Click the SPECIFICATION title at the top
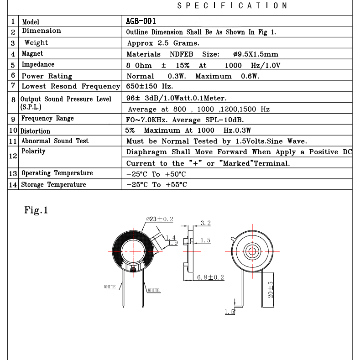(232, 5)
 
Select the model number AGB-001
(141, 21)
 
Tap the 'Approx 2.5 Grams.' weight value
(163, 43)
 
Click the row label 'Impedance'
(38, 65)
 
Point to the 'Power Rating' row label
(47, 76)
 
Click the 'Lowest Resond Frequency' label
(71, 86)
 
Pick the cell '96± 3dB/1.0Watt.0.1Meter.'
(176, 98)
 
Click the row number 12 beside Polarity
(13, 156)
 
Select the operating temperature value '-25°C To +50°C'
(156, 174)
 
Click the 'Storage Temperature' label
(54, 185)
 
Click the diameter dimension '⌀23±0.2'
(159, 219)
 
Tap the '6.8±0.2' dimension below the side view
(210, 277)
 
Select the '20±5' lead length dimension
(270, 289)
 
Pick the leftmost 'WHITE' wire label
(110, 287)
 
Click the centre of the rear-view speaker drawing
(251, 251)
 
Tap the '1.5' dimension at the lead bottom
(229, 312)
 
